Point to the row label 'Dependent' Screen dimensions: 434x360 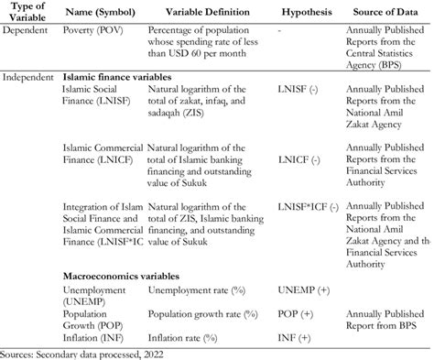27,31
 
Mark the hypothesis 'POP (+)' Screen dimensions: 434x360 295,313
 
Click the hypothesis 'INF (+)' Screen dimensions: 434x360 293,337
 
